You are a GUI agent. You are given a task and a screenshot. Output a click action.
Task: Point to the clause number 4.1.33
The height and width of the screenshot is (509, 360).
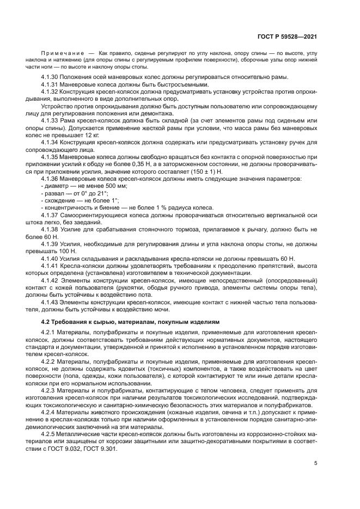pyautogui.click(x=50, y=119)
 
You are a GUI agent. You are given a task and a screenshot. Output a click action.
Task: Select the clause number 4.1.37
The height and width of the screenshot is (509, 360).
pyautogui.click(x=50, y=216)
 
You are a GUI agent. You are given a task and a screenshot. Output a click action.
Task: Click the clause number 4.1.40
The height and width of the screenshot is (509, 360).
pyautogui.click(x=50, y=258)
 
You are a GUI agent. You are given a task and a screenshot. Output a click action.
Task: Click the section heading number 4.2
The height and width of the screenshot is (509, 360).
pyautogui.click(x=45, y=322)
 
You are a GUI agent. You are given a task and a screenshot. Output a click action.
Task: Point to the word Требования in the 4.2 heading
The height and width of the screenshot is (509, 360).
pyautogui.click(x=76, y=322)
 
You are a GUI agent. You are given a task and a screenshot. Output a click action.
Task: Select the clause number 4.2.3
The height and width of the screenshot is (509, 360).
pyautogui.click(x=50, y=390)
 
